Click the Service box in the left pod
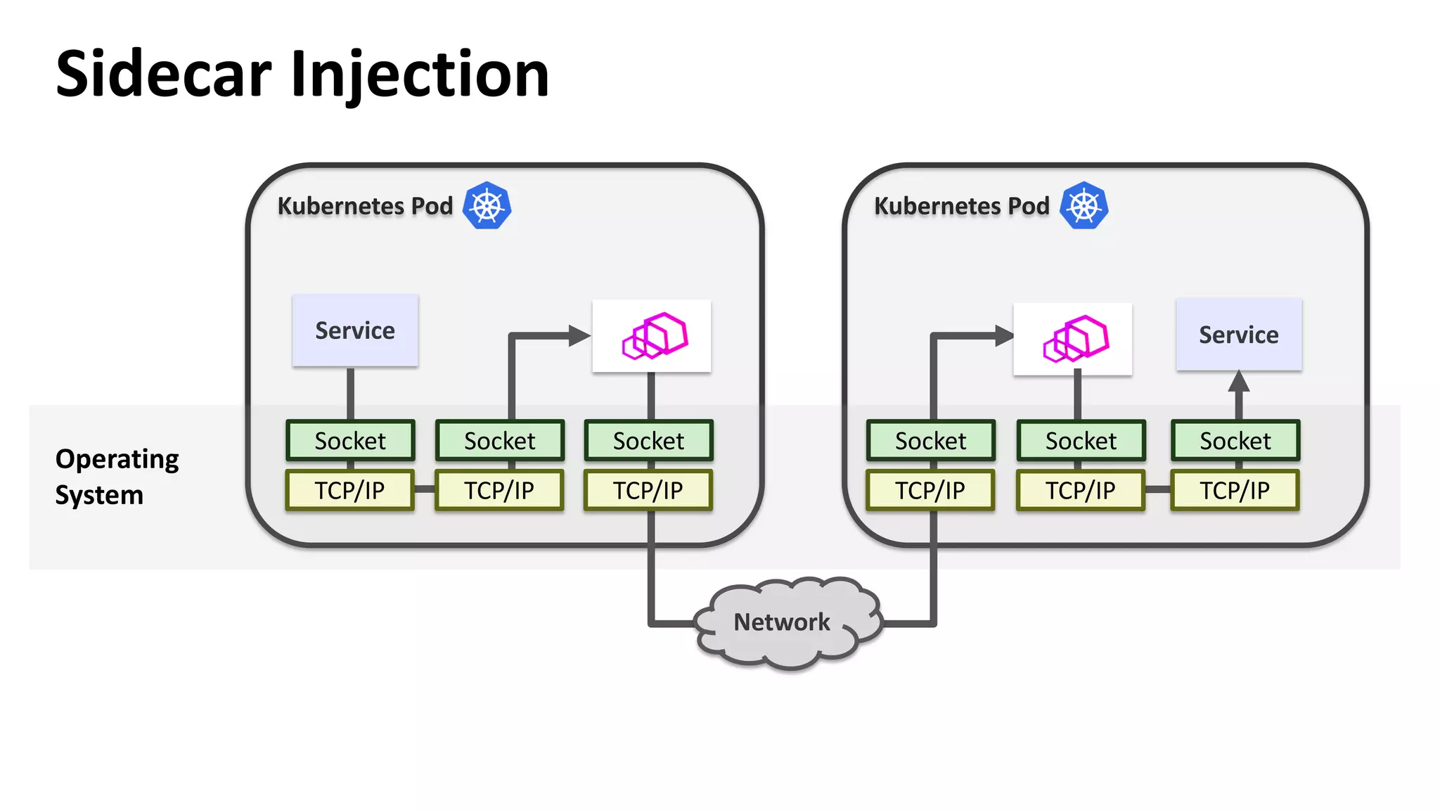pos(355,330)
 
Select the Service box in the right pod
pos(1238,335)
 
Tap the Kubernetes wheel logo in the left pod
pos(487,206)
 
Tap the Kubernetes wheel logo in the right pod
pos(1084,206)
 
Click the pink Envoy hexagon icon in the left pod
pos(654,336)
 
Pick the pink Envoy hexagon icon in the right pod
pos(1075,339)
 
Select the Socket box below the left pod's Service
pos(350,441)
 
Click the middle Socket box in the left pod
pos(499,441)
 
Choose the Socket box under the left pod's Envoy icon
pos(648,441)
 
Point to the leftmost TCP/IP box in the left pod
pos(349,490)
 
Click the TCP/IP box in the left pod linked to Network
pos(648,490)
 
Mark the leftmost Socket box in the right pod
pos(930,441)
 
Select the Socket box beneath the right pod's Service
pos(1235,441)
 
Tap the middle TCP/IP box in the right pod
pos(1080,490)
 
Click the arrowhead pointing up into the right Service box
pos(1238,382)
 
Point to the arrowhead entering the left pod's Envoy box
pos(579,336)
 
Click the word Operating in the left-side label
pos(117,459)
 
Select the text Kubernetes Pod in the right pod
pos(961,206)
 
